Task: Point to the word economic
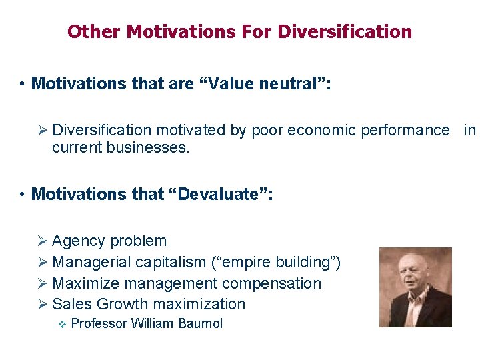pyautogui.click(x=321, y=130)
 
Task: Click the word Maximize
pyautogui.click(x=83, y=283)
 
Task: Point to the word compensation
pyautogui.click(x=273, y=283)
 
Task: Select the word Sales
pyautogui.click(x=72, y=305)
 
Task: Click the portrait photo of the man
pyautogui.click(x=415, y=287)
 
